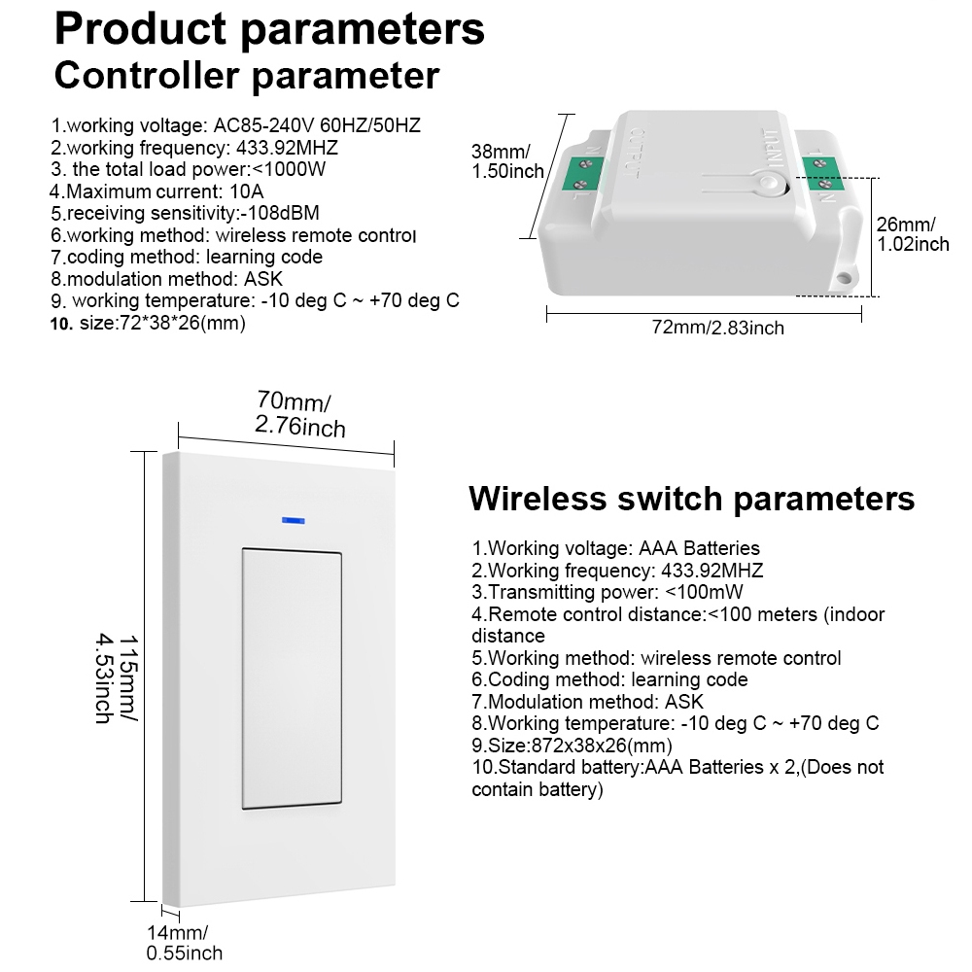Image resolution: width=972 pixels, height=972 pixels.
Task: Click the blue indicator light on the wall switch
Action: point(293,521)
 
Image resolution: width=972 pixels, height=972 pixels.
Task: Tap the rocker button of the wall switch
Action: point(292,678)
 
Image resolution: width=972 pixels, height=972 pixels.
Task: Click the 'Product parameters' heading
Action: point(269,29)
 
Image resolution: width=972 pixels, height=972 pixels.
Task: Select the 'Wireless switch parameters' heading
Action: point(691,499)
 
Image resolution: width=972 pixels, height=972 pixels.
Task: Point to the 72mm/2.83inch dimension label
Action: point(718,328)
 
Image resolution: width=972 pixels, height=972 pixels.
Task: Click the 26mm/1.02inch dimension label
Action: point(913,234)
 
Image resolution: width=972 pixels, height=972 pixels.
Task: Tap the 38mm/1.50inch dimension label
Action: point(507,161)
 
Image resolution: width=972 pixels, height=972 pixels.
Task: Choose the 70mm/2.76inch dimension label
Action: point(300,414)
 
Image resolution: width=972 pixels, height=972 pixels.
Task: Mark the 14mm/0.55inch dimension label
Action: point(184,943)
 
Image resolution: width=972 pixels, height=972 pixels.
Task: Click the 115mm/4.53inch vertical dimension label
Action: point(118,678)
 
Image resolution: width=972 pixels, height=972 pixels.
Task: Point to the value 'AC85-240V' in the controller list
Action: point(264,125)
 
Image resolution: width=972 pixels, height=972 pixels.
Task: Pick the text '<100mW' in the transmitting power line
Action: point(704,592)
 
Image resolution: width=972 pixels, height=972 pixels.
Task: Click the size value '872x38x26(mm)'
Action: point(602,746)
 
